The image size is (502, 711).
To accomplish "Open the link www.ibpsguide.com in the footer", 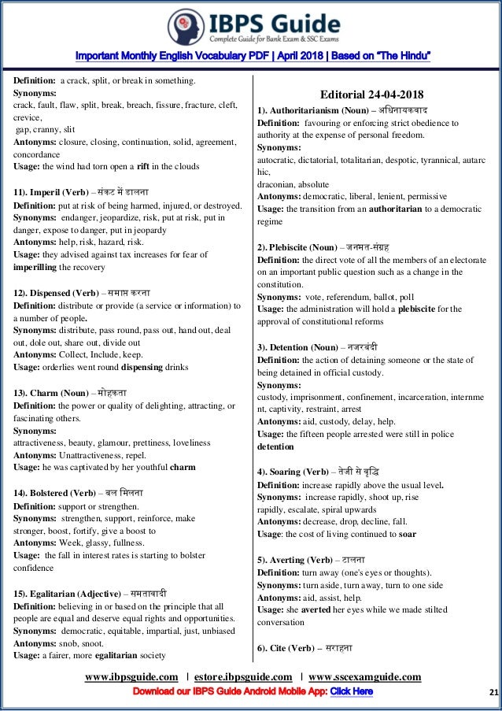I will tap(131, 677).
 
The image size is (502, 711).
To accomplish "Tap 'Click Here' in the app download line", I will tap(351, 692).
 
